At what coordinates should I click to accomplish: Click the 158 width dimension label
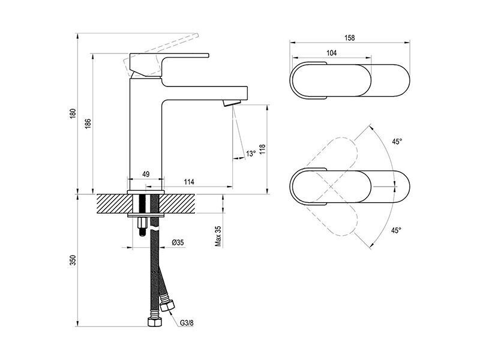pyautogui.click(x=349, y=38)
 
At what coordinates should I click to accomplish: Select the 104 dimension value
pyautogui.click(x=332, y=53)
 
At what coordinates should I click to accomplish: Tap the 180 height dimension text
pyautogui.click(x=73, y=113)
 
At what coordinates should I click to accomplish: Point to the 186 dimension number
pyautogui.click(x=88, y=123)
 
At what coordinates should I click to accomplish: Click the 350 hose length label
pyautogui.click(x=73, y=260)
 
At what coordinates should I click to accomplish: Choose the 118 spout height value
pyautogui.click(x=263, y=149)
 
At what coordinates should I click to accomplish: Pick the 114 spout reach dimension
pyautogui.click(x=189, y=182)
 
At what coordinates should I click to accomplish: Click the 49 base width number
pyautogui.click(x=146, y=174)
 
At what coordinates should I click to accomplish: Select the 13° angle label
pyautogui.click(x=251, y=154)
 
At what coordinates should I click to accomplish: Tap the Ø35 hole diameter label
pyautogui.click(x=178, y=243)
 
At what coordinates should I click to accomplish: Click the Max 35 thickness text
pyautogui.click(x=218, y=236)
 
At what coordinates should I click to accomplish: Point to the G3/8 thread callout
pyautogui.click(x=187, y=323)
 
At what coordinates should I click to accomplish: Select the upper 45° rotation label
pyautogui.click(x=397, y=142)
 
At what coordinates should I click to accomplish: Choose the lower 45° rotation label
pyautogui.click(x=396, y=230)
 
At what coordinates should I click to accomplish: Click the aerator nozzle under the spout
pyautogui.click(x=232, y=103)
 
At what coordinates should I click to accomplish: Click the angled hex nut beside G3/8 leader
pyautogui.click(x=167, y=305)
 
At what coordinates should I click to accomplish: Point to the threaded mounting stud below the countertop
pyautogui.click(x=142, y=226)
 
